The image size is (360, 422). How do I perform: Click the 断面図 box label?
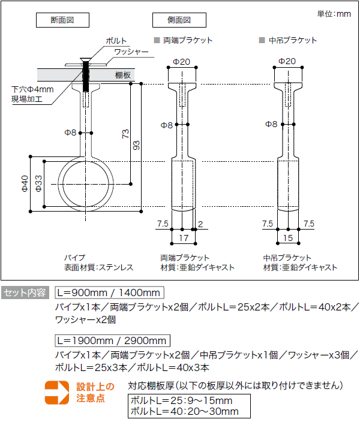coord(62,20)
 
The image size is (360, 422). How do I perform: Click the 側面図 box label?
coord(178,20)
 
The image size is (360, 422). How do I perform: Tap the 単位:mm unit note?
coord(334,14)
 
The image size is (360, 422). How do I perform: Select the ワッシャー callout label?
coord(131,52)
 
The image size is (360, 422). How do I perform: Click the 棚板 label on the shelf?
coord(123,75)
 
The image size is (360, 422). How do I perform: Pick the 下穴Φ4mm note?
coord(33,89)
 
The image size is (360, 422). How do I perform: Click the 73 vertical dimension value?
coord(125,133)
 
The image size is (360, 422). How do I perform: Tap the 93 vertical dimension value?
coord(136,146)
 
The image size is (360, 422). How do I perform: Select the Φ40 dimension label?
coord(25,183)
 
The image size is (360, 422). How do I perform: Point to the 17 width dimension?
coord(184,239)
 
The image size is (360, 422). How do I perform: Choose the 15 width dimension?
coord(289,239)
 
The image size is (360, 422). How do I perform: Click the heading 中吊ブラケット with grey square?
coord(289,41)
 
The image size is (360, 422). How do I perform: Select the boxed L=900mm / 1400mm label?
coord(109,293)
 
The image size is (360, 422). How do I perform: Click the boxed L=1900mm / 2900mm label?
coord(112,340)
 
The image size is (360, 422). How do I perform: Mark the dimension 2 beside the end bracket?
coord(200,224)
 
